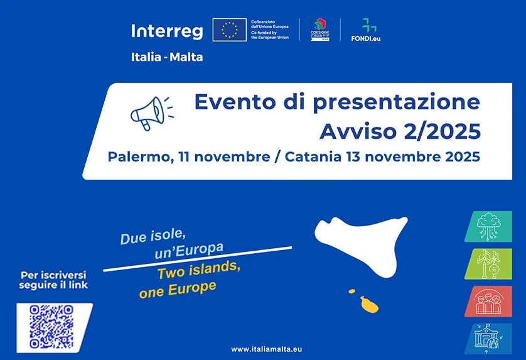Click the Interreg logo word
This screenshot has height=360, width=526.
tap(166, 30)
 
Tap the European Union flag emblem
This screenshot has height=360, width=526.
tap(229, 29)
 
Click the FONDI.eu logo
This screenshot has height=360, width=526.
tap(365, 29)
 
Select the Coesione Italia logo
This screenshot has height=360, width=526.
tap(320, 29)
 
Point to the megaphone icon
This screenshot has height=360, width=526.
tap(149, 113)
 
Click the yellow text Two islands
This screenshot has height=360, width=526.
tap(198, 271)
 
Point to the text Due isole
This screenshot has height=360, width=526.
tap(153, 237)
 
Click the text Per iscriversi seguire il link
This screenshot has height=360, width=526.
tap(54, 280)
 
